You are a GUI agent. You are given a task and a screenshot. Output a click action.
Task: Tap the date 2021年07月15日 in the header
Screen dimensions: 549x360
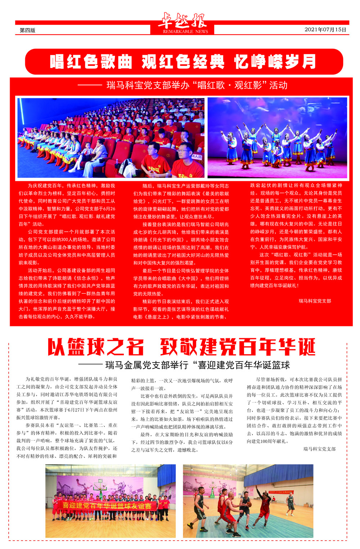coord(325,30)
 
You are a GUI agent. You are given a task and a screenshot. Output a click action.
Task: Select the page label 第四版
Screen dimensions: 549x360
coord(27,30)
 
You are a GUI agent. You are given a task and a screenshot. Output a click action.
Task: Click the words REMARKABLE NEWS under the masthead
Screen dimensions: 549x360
coord(185,32)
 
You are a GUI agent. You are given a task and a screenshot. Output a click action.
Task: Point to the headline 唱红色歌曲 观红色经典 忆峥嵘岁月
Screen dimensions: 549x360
coord(183,62)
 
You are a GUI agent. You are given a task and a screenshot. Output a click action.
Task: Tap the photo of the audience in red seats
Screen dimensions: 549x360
coord(111,138)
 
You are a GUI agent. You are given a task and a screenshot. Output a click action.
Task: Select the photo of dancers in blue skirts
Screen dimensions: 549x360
coord(277,138)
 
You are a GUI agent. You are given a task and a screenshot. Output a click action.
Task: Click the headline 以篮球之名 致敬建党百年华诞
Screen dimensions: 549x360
coord(182,347)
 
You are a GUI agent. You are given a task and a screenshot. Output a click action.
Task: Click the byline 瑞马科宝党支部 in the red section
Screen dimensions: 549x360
coord(315,301)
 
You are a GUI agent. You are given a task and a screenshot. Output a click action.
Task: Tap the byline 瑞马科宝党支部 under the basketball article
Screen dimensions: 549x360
coord(319,449)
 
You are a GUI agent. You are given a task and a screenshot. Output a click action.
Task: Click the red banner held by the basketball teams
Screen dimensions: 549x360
coord(107,505)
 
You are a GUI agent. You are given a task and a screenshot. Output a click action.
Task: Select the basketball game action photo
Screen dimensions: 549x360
coord(248,501)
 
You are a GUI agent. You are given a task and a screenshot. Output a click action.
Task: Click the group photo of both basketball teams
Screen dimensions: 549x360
coord(111,501)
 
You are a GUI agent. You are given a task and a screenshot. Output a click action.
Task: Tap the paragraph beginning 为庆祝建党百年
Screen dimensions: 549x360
coord(67,205)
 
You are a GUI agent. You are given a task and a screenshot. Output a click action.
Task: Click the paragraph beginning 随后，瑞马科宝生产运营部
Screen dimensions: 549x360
coord(181,201)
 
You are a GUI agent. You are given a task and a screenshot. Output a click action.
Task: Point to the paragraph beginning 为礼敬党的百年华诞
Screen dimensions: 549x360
coord(67,398)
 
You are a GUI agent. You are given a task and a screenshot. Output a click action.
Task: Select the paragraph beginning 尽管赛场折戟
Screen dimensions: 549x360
coord(294,410)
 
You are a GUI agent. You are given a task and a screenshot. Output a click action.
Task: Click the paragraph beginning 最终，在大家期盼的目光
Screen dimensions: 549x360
coord(182,442)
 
